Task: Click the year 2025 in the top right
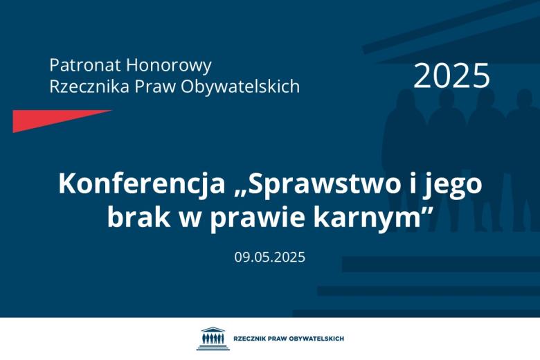click(x=451, y=75)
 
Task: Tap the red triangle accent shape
click(x=48, y=119)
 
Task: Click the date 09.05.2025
click(x=269, y=257)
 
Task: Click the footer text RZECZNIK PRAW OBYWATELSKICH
click(x=289, y=339)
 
